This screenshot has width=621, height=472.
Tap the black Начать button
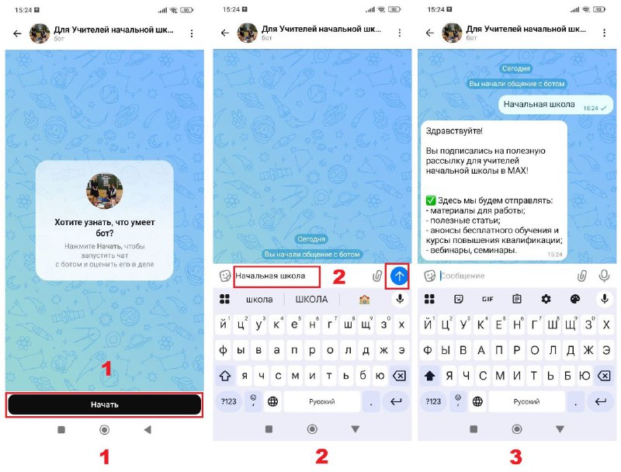[x=104, y=404]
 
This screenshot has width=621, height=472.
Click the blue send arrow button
[x=399, y=276]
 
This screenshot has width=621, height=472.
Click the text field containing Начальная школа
[x=276, y=276]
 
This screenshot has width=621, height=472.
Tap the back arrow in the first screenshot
[x=17, y=33]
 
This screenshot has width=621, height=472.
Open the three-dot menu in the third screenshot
[x=604, y=33]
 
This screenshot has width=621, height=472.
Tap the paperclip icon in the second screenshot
[x=376, y=276]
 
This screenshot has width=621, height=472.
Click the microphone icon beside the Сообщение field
[x=604, y=276]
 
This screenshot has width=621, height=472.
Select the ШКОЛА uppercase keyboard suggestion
[x=311, y=300]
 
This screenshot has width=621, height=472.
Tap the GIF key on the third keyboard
[x=487, y=299]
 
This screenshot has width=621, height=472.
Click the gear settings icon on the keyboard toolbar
[x=546, y=299]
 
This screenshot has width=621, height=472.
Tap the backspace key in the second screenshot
[x=399, y=376]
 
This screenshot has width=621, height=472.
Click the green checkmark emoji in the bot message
[x=431, y=200]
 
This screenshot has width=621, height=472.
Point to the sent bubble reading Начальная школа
[x=555, y=105]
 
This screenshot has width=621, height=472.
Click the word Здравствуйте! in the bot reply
[x=454, y=130]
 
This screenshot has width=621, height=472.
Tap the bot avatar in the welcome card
[x=104, y=191]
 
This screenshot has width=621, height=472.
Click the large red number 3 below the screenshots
[x=515, y=457]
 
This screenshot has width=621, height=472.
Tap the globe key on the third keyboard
[x=477, y=401]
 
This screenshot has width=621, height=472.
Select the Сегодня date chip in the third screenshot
[x=515, y=68]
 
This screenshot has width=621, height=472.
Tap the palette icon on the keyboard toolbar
[x=574, y=299]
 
